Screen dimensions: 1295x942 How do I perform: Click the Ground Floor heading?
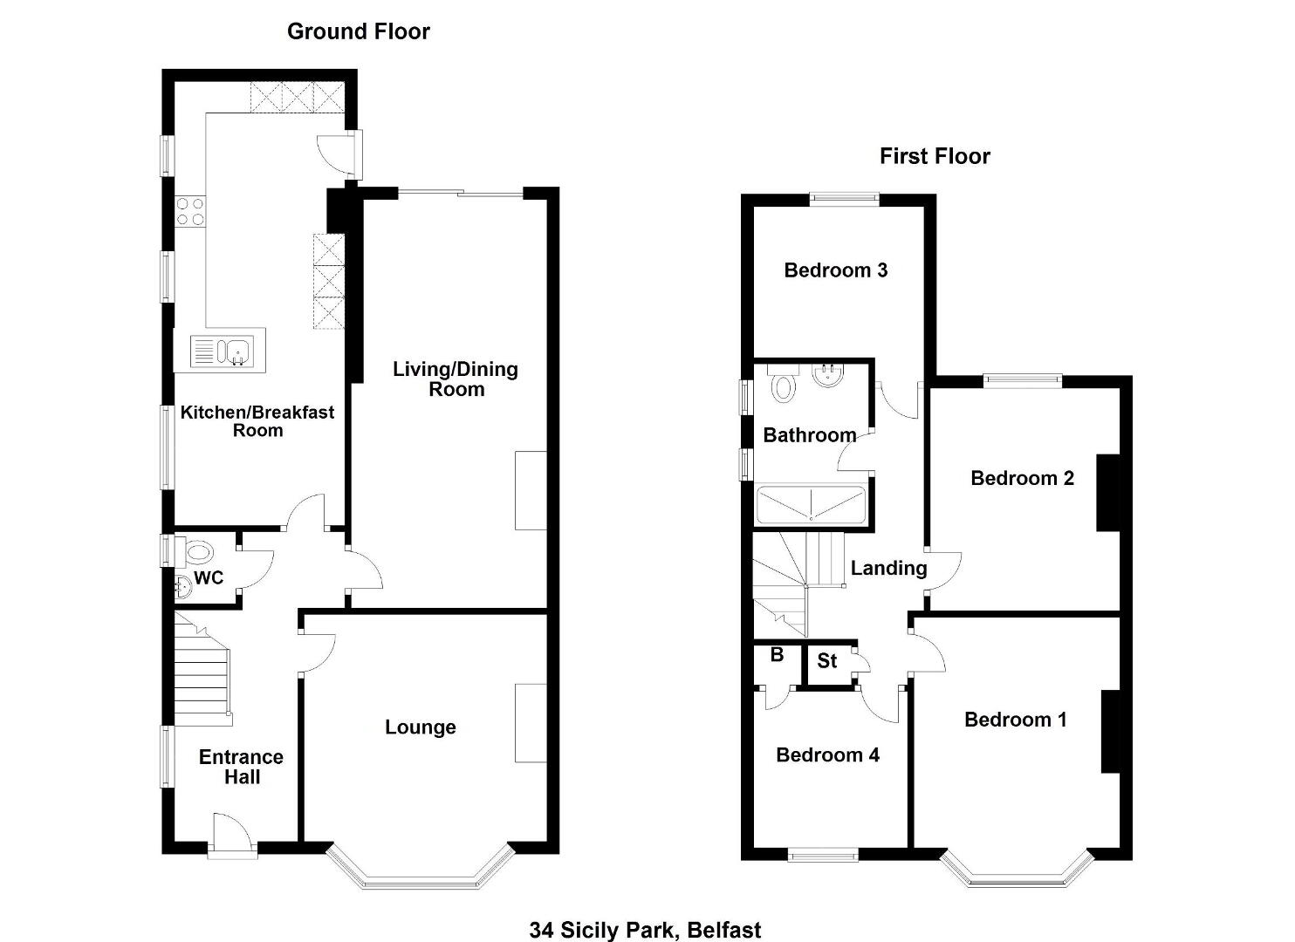359,31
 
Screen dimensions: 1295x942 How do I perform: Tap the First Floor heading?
935,156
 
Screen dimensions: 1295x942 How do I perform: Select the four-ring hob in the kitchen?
190,211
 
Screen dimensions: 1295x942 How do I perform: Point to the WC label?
209,577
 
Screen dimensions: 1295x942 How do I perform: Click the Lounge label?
421,727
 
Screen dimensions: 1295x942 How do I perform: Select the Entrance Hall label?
241,767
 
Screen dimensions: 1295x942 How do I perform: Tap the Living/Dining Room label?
456,379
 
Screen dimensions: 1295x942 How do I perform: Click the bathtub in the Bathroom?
811,505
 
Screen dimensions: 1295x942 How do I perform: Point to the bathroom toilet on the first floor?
784,385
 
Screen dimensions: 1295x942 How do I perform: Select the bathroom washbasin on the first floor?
828,374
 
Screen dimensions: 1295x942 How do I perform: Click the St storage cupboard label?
826,660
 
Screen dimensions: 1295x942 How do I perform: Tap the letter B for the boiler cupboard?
777,654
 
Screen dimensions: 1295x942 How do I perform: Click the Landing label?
888,568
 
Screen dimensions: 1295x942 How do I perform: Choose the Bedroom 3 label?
835,270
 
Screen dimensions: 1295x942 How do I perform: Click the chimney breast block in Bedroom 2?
1108,493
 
